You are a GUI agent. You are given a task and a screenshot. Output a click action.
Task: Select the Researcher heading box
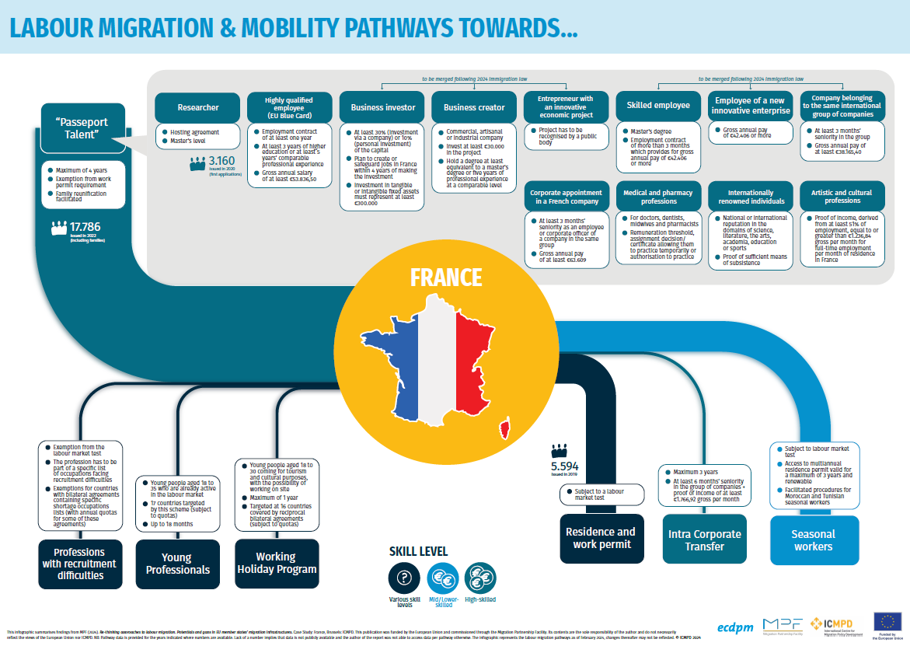coord(198,107)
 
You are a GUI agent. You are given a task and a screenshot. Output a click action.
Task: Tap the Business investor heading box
coord(382,107)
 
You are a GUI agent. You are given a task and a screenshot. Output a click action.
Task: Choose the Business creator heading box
coord(474,107)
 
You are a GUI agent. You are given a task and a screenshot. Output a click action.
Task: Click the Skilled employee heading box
coord(658,106)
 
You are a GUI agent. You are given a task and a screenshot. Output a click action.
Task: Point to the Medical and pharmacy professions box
coord(658,197)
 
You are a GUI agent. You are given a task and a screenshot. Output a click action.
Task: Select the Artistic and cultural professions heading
coord(842,197)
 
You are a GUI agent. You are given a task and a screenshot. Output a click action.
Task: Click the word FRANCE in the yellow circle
coord(445,278)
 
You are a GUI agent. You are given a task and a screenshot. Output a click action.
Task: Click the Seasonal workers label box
coord(813,539)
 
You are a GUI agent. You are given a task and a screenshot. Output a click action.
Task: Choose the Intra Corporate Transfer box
coord(704,539)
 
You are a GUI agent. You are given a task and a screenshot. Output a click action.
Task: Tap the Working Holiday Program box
coord(276,562)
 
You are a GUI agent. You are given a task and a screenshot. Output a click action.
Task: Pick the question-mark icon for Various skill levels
coord(403,578)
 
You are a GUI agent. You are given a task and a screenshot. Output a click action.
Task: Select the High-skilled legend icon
coord(479,578)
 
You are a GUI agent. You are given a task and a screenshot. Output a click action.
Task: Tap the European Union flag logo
coord(887,620)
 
